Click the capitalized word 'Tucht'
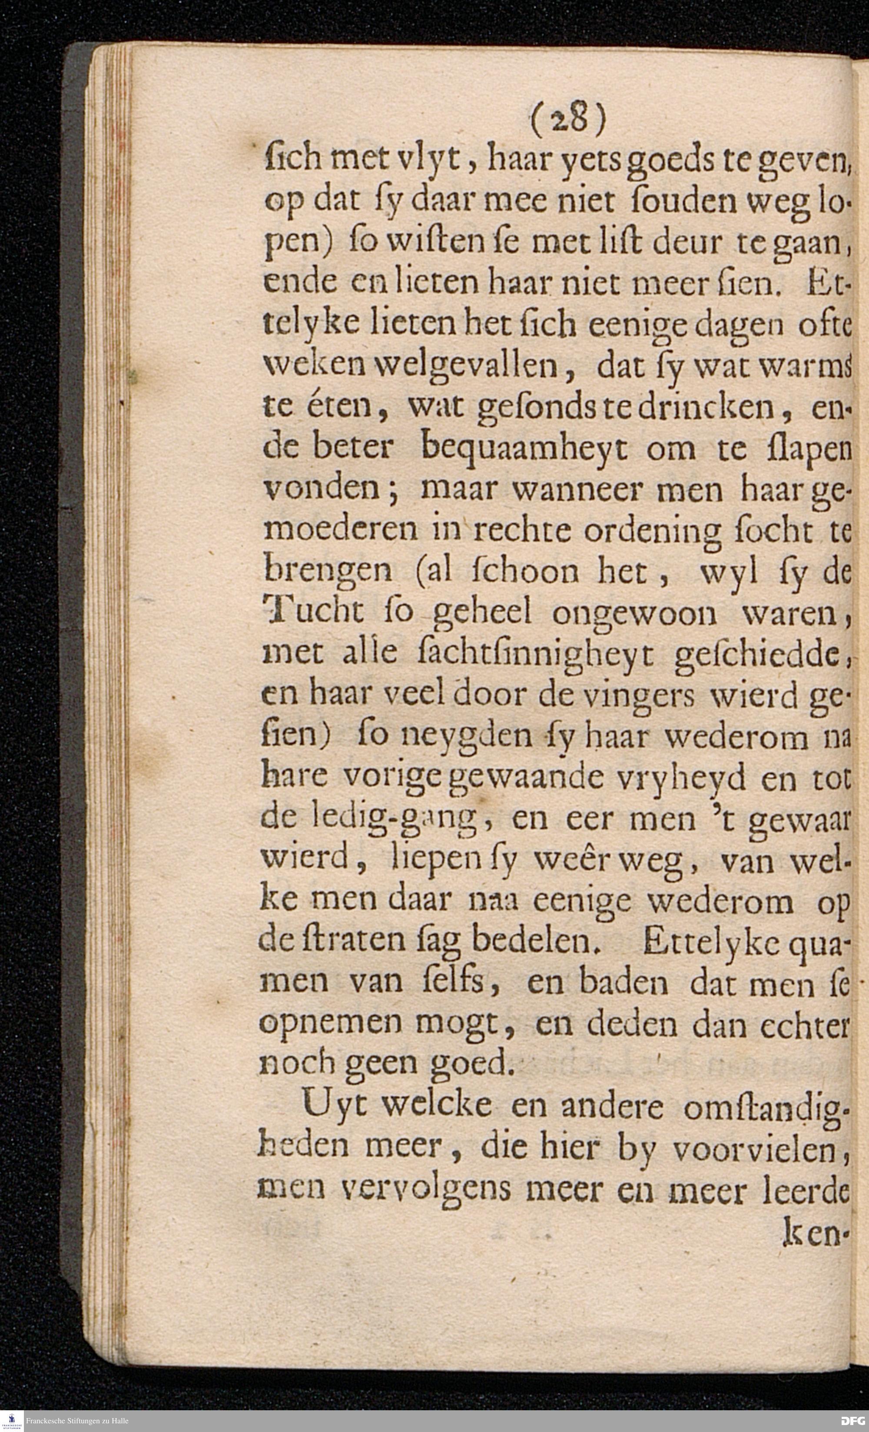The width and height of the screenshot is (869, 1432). point(313,613)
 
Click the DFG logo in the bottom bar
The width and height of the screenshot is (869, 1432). point(852,1422)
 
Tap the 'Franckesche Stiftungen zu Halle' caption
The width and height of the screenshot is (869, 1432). point(77,1422)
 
